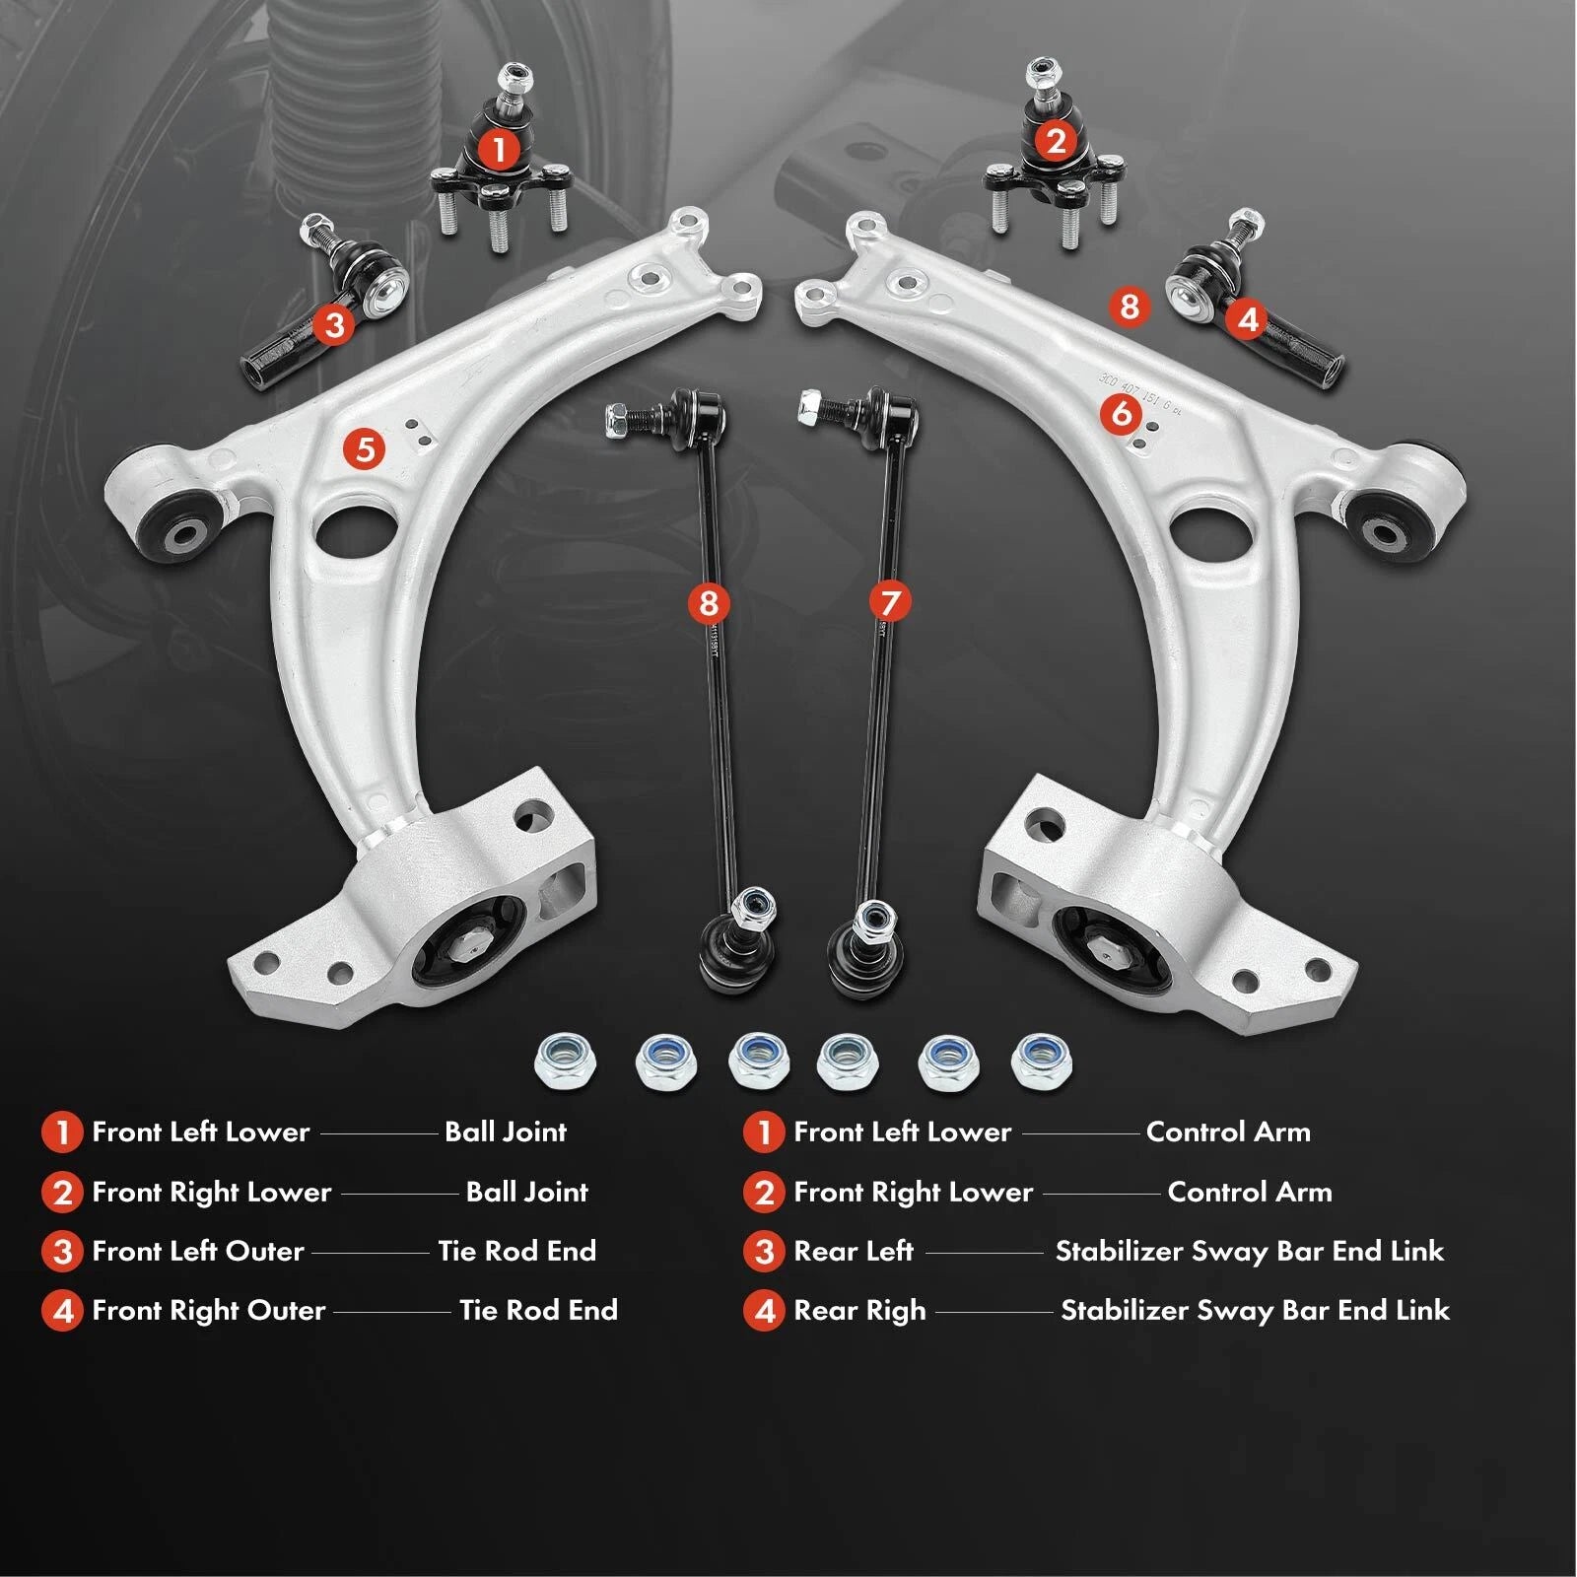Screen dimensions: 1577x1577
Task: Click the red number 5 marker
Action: coord(365,449)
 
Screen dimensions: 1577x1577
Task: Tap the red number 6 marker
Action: coord(1122,413)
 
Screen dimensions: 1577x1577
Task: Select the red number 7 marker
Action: coord(890,601)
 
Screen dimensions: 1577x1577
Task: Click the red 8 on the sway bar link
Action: coord(709,602)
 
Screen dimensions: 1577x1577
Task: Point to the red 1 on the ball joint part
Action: coord(499,150)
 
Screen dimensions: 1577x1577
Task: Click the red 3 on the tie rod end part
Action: coord(334,323)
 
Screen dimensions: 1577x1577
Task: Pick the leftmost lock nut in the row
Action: coord(565,1062)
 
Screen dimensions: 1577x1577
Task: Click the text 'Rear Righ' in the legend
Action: coord(859,1311)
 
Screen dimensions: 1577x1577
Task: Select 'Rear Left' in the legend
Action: coord(854,1251)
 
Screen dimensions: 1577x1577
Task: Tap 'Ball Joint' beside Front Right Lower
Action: coord(526,1192)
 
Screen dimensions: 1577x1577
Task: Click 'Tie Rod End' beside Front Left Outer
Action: coord(516,1251)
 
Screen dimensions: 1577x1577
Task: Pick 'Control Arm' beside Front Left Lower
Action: coord(1228,1131)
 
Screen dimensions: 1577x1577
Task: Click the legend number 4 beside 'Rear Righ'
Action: coord(764,1311)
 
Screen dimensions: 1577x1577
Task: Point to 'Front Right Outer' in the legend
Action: coord(208,1310)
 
